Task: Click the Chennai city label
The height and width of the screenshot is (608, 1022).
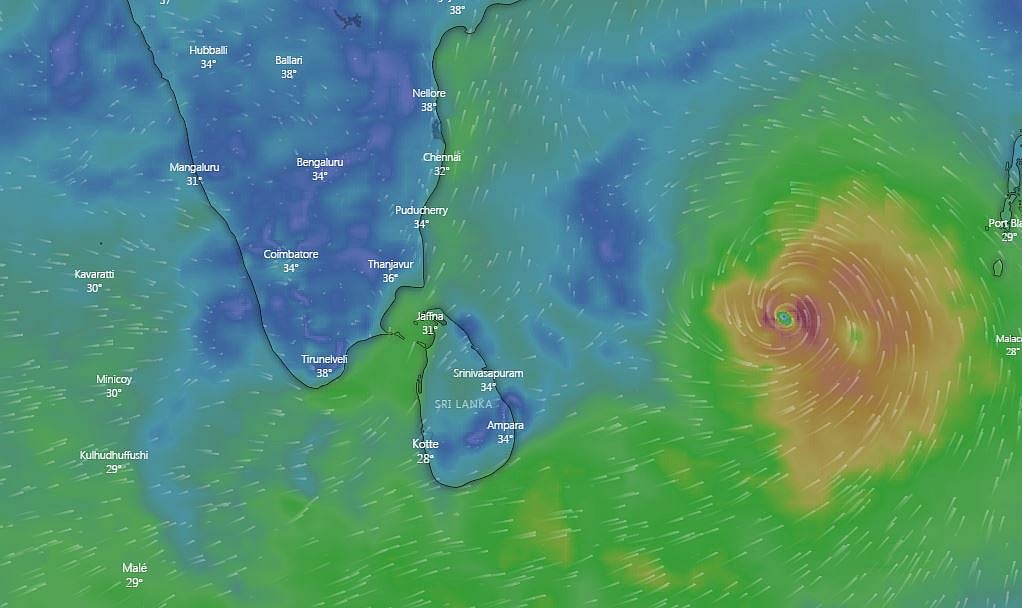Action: coord(442,158)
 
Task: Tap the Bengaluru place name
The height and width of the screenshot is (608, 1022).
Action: coord(320,162)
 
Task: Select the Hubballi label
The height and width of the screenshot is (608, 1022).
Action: coord(208,50)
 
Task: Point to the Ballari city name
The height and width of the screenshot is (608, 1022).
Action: coord(289,60)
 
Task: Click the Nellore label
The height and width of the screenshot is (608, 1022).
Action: coord(429,94)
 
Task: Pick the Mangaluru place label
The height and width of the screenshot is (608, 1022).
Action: coord(194,167)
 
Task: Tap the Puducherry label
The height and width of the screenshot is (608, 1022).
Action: coord(421,211)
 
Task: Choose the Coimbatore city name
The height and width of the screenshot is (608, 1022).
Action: coord(291,254)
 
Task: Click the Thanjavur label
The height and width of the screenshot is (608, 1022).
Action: coord(390,265)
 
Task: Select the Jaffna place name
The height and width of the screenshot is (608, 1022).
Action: coord(430,317)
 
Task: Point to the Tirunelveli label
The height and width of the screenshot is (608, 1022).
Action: coord(324,359)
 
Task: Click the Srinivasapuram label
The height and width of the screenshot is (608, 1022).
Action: coord(488,373)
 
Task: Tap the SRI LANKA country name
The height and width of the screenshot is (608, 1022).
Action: coord(464,404)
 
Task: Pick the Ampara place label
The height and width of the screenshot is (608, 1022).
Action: coord(505,425)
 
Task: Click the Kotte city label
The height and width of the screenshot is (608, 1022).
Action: coord(426,444)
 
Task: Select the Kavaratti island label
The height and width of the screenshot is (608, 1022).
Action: coord(94,274)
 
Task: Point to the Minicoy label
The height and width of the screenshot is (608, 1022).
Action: coord(114,380)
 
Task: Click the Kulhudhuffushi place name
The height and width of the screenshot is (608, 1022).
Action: coord(114,456)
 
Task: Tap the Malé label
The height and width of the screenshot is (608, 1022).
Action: coord(134,568)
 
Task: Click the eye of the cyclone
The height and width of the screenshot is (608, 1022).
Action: coord(785,318)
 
